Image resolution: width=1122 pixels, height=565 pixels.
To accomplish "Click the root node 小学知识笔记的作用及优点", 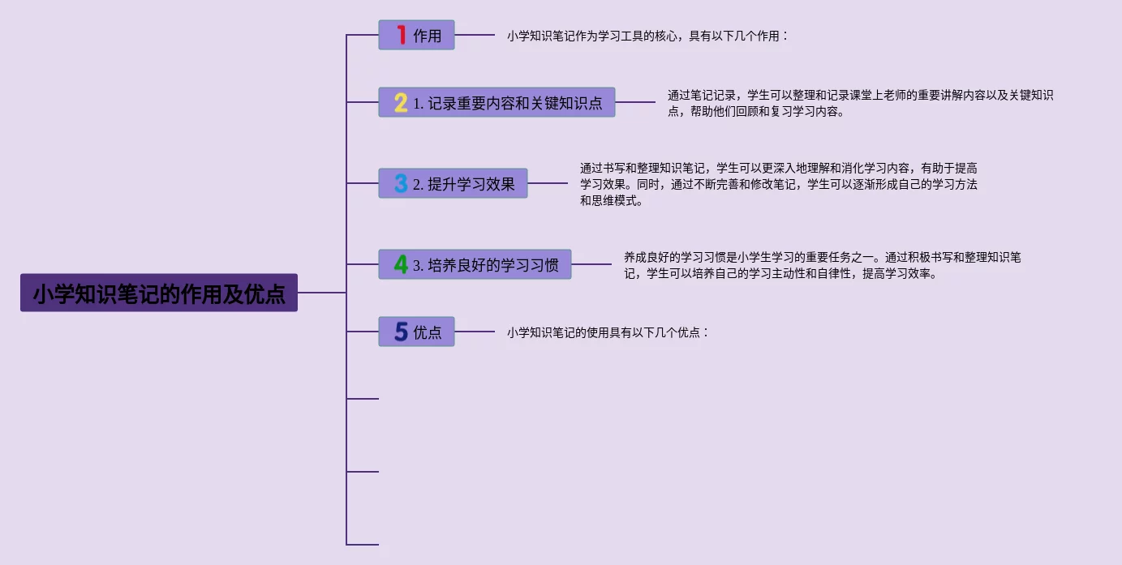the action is click(159, 293).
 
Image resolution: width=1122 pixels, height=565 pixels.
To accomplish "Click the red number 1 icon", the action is click(401, 35).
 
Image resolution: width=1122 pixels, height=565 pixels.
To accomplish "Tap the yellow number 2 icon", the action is click(401, 103).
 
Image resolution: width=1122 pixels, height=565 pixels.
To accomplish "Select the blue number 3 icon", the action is click(401, 183).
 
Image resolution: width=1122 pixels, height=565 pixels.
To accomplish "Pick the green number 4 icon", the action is click(401, 264).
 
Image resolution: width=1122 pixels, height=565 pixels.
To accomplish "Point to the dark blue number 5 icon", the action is click(401, 332).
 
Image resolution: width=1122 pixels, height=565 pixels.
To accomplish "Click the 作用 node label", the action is click(428, 36).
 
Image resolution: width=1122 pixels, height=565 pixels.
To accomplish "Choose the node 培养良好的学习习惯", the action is click(486, 265).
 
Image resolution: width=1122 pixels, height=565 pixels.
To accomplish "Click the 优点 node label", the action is click(428, 332).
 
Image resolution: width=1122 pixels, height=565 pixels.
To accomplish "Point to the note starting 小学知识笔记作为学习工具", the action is click(647, 36).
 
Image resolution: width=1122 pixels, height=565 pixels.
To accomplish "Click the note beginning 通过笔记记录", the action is click(860, 103).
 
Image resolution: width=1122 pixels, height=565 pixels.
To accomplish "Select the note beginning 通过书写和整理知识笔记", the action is click(778, 184).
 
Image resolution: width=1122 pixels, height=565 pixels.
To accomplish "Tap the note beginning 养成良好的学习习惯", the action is click(822, 265).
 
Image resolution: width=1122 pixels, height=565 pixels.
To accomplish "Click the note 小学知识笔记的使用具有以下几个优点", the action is click(608, 332).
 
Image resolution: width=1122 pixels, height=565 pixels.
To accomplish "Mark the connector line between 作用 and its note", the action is click(475, 35).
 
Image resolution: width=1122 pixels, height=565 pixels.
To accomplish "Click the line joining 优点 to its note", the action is click(475, 332).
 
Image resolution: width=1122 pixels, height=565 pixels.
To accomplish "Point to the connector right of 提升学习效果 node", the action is click(548, 183).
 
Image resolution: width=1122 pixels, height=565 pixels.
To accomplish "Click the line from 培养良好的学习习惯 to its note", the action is click(591, 264).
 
